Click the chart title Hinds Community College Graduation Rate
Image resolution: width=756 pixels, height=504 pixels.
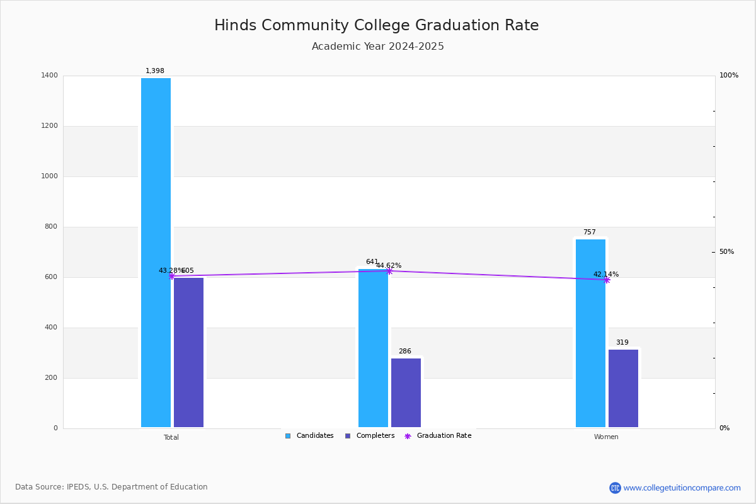point(376,25)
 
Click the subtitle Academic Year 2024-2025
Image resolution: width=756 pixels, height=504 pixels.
point(377,47)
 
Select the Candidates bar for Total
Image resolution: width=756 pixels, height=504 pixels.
point(156,252)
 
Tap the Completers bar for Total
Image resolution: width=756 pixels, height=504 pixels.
point(188,352)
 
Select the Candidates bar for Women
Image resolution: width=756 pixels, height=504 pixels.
point(590,333)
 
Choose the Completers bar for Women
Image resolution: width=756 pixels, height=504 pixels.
point(623,388)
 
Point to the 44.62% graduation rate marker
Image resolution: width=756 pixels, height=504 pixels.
point(389,271)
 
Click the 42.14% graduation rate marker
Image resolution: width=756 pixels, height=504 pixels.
point(607,280)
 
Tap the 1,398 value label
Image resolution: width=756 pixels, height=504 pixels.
point(155,71)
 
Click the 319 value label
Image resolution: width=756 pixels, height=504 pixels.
point(622,343)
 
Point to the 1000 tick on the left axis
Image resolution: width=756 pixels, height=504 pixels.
point(50,176)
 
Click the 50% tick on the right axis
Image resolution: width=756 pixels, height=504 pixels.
point(726,252)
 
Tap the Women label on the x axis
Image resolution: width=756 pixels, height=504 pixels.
point(606,437)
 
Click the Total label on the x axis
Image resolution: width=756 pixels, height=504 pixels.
point(171,437)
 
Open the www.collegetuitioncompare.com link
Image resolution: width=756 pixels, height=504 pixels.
point(682,488)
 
